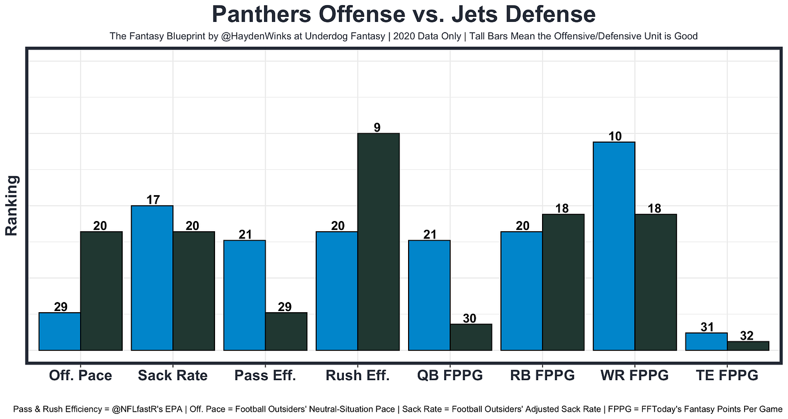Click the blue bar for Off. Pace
(60, 331)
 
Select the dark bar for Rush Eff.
(378, 242)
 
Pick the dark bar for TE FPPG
(748, 346)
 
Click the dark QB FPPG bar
(471, 337)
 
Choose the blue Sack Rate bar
(152, 278)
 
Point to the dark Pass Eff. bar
(286, 331)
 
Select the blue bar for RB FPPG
(522, 291)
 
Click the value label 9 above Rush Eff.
(377, 128)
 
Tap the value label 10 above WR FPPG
(615, 136)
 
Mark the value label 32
(747, 336)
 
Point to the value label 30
(469, 318)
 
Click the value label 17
(153, 200)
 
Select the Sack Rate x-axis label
(173, 376)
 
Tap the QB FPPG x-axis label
(450, 376)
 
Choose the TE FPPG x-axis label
(727, 376)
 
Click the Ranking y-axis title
(12, 205)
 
